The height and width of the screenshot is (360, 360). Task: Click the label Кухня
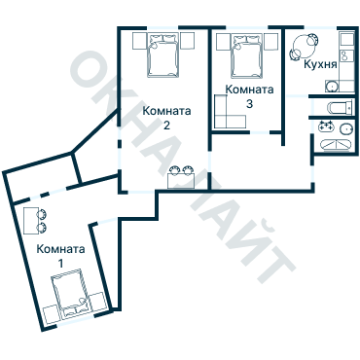[x=320, y=64]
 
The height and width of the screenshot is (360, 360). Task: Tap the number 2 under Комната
[x=166, y=126]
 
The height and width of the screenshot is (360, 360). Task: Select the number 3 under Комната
[x=249, y=104]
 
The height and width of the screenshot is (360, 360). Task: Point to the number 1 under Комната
[x=60, y=264]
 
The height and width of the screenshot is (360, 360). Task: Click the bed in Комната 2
[x=163, y=54]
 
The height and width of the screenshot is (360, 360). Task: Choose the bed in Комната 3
[x=247, y=55]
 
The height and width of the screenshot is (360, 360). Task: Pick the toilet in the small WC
[x=340, y=107]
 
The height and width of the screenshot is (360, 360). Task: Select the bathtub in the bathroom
[x=336, y=145]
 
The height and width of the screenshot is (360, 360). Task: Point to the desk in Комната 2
[x=181, y=181]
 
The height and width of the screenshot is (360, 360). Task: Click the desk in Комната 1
[x=31, y=221]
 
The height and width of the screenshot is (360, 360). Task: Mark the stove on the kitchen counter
[x=346, y=55]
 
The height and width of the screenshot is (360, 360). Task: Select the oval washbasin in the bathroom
[x=346, y=128]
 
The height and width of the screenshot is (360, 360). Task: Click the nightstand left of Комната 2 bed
[x=140, y=41]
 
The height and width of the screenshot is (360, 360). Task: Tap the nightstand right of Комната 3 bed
[x=270, y=42]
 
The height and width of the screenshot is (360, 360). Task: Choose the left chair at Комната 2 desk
[x=175, y=170]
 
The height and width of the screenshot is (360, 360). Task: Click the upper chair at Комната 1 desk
[x=43, y=214]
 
